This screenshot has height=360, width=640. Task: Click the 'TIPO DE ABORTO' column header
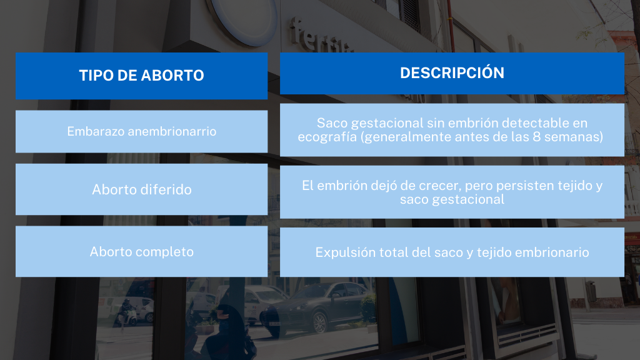coord(142,76)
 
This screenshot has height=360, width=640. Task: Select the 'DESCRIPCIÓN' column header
coord(452,73)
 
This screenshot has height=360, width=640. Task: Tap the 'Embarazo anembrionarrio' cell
coord(142,131)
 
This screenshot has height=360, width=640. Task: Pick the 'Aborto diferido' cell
coord(142,189)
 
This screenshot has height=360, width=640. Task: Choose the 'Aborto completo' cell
coord(142,251)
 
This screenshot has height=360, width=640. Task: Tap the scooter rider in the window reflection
coord(126,312)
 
